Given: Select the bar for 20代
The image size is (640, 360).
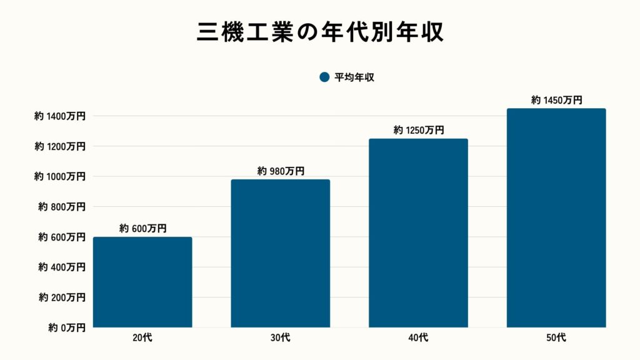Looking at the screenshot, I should [x=142, y=282].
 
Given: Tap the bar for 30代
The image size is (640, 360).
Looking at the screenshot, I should [x=281, y=253].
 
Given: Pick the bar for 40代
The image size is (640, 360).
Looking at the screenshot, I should [x=418, y=232].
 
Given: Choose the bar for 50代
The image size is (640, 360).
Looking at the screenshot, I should [x=556, y=217].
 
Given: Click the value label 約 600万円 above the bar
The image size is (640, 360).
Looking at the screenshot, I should [x=142, y=229].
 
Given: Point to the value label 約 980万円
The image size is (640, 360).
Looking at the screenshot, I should [x=281, y=171].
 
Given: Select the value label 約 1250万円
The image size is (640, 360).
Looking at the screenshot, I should [x=418, y=130].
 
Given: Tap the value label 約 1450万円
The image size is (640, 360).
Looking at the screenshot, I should [x=556, y=100].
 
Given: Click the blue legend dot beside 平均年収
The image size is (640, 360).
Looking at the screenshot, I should [x=324, y=77].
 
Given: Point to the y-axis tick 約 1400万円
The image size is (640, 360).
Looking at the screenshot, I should [x=60, y=116].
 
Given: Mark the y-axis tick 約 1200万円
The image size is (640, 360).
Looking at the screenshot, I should [x=60, y=146].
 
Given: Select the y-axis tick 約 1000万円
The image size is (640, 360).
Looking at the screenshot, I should [x=60, y=176].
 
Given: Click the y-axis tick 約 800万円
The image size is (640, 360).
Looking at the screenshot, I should [x=62, y=206].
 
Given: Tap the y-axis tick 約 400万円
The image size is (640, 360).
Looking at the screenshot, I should [x=62, y=267].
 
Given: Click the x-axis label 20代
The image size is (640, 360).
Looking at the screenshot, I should [x=142, y=338].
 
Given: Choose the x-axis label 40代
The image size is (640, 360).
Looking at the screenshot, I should [x=418, y=338].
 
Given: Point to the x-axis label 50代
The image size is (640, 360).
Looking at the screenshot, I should [x=556, y=338].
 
